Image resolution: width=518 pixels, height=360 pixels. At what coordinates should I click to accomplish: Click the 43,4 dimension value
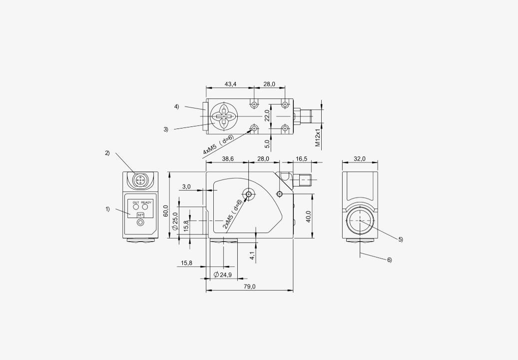click(230, 84)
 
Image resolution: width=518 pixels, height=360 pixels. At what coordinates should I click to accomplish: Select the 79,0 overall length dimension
click(249, 286)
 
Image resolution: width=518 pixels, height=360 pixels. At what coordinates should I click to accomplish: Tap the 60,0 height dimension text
click(166, 211)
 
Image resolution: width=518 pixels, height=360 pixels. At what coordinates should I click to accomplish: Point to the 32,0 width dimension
click(360, 158)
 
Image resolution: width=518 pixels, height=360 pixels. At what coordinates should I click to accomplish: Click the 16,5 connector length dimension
click(301, 158)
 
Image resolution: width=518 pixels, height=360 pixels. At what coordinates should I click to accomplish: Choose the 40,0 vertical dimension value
click(309, 216)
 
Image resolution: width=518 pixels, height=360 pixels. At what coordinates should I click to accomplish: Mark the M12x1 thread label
click(318, 137)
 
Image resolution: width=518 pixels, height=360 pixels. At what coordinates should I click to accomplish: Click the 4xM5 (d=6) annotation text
click(218, 145)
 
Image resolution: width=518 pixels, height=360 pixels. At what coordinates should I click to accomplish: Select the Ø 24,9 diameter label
click(223, 274)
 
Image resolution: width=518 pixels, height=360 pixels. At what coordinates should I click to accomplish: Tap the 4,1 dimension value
click(252, 255)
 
